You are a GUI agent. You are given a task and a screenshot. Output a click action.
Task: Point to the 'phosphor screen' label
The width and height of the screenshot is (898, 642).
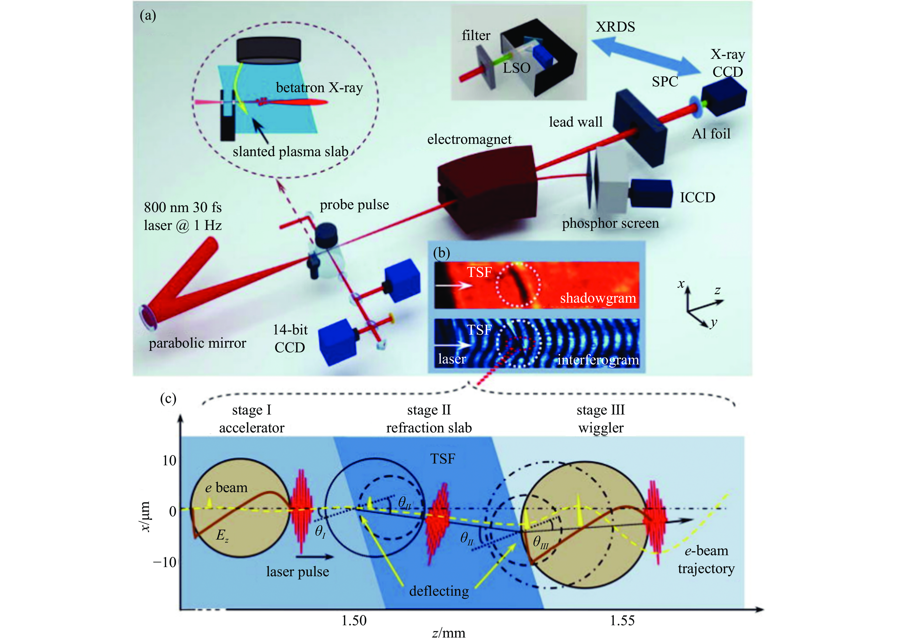tap(610, 223)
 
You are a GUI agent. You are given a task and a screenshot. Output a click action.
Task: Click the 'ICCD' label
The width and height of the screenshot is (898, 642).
tap(697, 197)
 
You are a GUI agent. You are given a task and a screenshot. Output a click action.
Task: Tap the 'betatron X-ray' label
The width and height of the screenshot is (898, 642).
tap(319, 87)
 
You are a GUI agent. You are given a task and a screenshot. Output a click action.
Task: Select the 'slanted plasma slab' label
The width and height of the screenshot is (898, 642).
tap(290, 151)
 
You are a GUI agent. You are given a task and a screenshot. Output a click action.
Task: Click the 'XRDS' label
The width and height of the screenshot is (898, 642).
tap(615, 27)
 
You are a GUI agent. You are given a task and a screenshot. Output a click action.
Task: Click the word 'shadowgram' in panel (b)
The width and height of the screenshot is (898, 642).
tap(598, 298)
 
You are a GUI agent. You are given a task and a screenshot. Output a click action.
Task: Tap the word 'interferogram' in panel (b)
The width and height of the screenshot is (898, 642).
tap(598, 360)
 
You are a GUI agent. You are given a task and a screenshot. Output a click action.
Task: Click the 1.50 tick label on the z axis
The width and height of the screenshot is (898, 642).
tap(354, 621)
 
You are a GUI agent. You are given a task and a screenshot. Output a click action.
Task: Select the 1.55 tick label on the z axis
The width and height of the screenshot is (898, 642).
tap(622, 621)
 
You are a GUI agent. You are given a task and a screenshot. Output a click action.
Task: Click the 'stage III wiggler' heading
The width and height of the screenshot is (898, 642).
tap(601, 419)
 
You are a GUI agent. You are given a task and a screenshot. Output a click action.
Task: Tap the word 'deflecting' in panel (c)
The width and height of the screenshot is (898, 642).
tap(439, 591)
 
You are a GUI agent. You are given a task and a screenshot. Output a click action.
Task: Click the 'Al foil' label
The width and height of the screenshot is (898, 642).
tap(711, 134)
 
